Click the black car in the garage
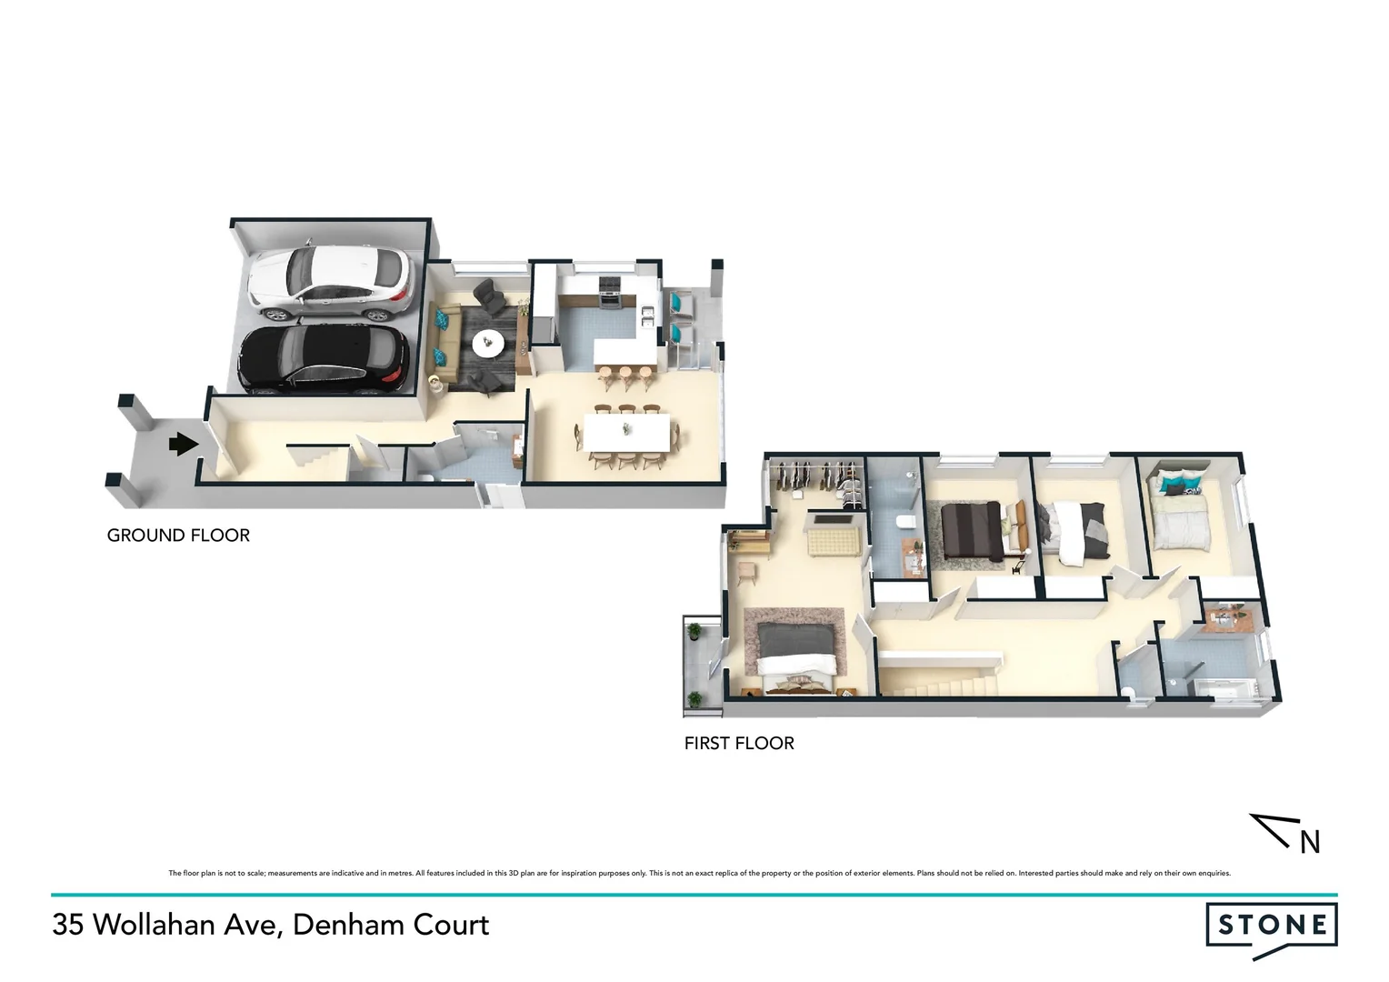click(x=321, y=359)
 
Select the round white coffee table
click(x=488, y=342)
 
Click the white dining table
click(x=626, y=430)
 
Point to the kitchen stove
click(x=608, y=288)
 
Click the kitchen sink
click(x=647, y=315)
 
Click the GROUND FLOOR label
click(x=178, y=536)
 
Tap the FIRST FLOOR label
click(x=739, y=744)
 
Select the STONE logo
click(x=1271, y=927)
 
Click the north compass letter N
click(x=1309, y=843)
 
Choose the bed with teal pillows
click(x=1179, y=513)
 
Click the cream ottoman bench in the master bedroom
click(x=829, y=543)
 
